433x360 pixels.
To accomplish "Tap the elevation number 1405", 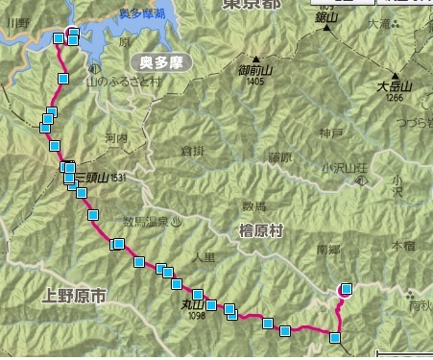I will click(x=254, y=83).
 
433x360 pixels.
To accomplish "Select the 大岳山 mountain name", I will click(x=394, y=86).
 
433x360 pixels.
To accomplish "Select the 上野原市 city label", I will click(x=74, y=294).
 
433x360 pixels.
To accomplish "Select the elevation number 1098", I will click(x=198, y=315).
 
